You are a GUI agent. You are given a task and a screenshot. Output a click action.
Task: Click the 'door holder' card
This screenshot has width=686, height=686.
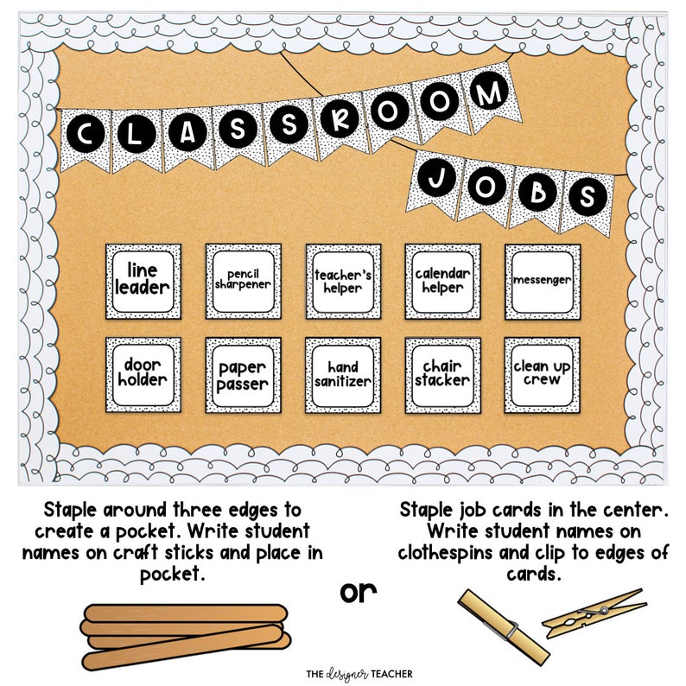pos(143,375)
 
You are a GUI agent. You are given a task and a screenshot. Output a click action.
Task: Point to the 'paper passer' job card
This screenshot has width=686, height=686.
pos(244,375)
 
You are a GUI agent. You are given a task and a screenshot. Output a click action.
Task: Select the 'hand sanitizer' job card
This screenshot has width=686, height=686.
pos(343,375)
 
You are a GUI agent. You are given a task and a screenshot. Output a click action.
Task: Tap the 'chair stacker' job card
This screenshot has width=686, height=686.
pos(443,375)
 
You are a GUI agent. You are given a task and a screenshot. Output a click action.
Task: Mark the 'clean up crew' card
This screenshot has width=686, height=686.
pos(543,375)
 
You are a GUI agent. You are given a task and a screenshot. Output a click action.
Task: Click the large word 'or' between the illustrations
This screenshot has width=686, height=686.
pos(358,594)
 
